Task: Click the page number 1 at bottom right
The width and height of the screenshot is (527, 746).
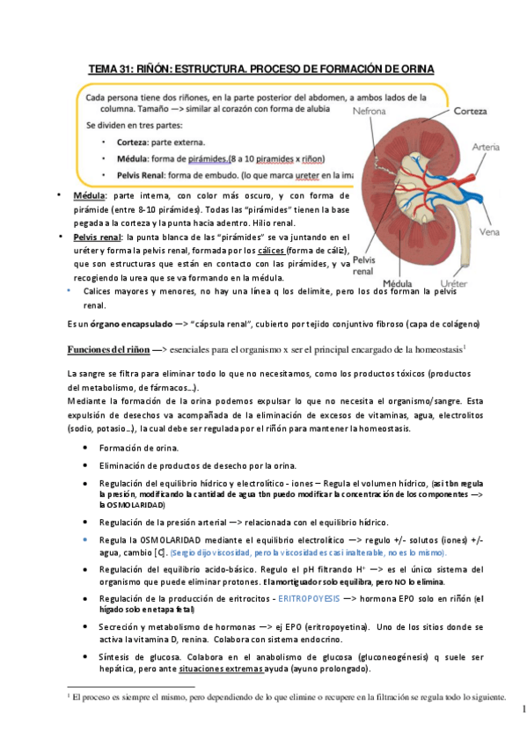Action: pyautogui.click(x=522, y=709)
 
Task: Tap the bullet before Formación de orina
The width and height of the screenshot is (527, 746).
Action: pyautogui.click(x=84, y=448)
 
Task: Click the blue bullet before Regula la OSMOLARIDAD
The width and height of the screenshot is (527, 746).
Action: pyautogui.click(x=84, y=539)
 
